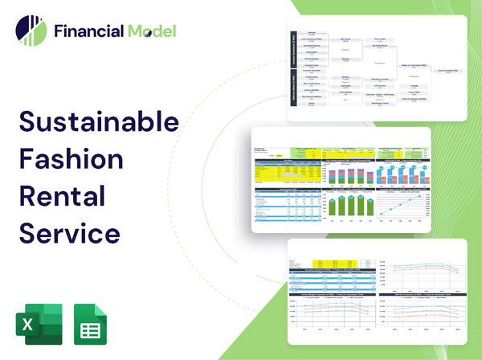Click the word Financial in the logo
pos(88,31)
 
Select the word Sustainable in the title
pos(98,122)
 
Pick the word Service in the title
pos(69,233)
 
